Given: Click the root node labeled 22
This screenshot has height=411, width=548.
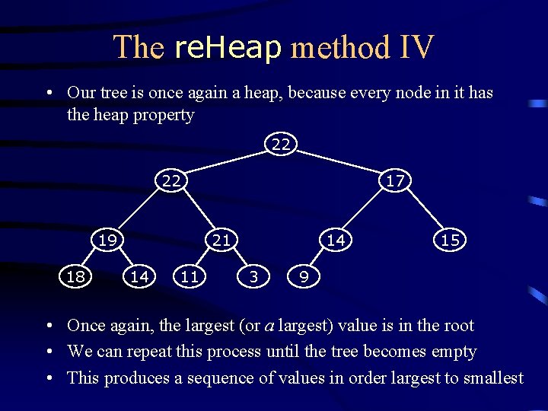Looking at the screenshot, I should click(x=281, y=144).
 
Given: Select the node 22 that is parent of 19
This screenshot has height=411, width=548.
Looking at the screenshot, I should click(x=171, y=180).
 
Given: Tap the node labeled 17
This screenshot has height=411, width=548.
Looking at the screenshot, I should click(x=395, y=180).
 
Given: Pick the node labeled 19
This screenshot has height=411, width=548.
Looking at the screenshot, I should click(x=107, y=240).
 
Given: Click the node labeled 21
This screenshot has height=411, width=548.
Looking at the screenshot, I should click(x=221, y=240).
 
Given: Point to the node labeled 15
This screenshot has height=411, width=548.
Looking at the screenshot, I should click(x=450, y=240).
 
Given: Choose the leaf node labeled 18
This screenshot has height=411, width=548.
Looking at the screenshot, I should click(x=75, y=276).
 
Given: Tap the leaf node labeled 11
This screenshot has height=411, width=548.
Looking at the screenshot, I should click(x=190, y=276).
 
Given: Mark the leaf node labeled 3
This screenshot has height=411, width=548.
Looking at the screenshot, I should click(x=253, y=276).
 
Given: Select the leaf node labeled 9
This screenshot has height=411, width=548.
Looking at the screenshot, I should click(x=304, y=276).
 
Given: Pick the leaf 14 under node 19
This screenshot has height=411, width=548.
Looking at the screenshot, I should click(x=139, y=276).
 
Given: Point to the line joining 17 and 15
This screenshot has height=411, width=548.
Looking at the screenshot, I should click(x=422, y=210).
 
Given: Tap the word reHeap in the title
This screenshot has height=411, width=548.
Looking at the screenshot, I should click(x=228, y=47).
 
